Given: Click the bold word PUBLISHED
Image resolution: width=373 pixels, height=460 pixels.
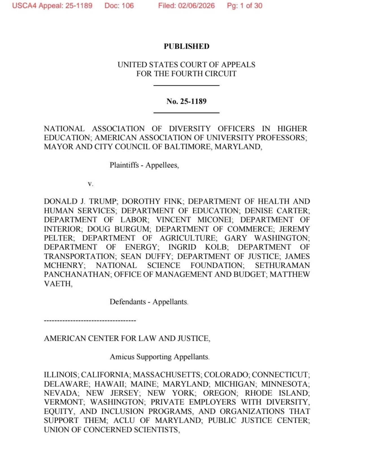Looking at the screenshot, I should (x=186, y=46).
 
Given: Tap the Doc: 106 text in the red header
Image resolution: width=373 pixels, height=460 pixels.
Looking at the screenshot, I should (x=119, y=6).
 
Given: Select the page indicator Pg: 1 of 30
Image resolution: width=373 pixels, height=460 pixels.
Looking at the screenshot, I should (x=244, y=6).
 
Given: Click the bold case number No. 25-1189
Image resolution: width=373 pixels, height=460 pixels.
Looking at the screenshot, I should (x=186, y=101).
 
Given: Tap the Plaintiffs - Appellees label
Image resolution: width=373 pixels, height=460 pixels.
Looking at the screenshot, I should (x=144, y=165).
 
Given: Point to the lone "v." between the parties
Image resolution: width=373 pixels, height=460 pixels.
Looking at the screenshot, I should (x=90, y=184).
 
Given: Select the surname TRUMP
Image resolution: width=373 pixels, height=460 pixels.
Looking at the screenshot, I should (x=103, y=201).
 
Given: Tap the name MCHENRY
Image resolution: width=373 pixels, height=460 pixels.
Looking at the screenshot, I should (x=64, y=265).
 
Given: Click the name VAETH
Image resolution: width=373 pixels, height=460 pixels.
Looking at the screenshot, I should (x=58, y=284).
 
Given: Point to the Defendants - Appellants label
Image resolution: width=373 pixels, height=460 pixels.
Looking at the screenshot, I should (x=149, y=302).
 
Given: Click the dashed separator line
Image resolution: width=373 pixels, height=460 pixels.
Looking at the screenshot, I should (x=90, y=321).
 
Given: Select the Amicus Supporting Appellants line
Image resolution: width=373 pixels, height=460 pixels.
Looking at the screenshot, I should (x=160, y=357).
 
